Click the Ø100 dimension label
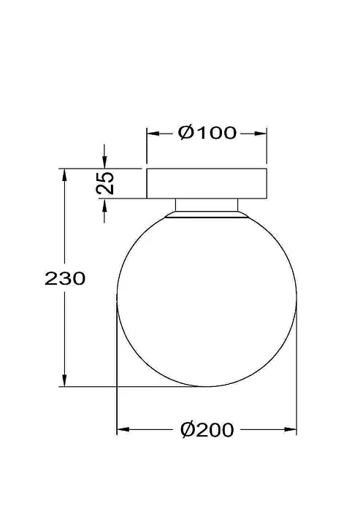(x=207, y=133)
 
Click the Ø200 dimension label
(x=207, y=431)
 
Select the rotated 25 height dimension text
(x=106, y=182)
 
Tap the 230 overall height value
(x=66, y=278)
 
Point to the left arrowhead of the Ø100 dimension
(x=152, y=134)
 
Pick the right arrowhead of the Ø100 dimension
(x=261, y=134)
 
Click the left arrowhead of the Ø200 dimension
(x=123, y=431)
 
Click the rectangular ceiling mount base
(x=207, y=183)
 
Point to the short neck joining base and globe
(x=207, y=204)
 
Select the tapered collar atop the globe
(x=207, y=215)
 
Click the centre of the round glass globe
(x=207, y=299)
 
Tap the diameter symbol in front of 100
(x=185, y=133)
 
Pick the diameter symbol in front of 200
(x=187, y=431)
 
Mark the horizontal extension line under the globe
(x=131, y=387)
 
